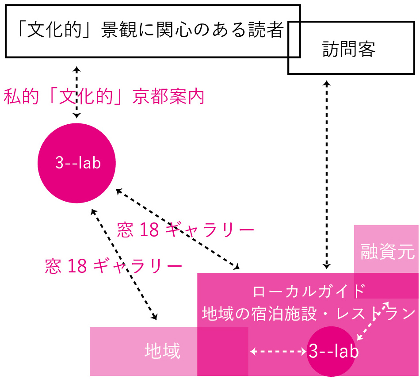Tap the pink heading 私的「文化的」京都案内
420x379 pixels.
[x=104, y=97]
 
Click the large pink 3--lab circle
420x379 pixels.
[x=77, y=163]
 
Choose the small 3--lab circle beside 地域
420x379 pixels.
[x=332, y=352]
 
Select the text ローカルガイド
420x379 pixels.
[x=309, y=292]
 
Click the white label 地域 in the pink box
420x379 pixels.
[x=162, y=352]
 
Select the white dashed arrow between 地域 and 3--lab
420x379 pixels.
[x=279, y=352]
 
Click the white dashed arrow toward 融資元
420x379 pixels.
[x=372, y=321]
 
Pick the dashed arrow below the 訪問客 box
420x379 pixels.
[x=327, y=175]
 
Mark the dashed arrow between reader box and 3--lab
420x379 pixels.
[x=77, y=92]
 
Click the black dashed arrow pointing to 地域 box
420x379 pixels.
[x=124, y=264]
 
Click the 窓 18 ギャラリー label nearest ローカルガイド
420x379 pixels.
[x=186, y=230]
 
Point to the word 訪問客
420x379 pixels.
[x=349, y=50]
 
